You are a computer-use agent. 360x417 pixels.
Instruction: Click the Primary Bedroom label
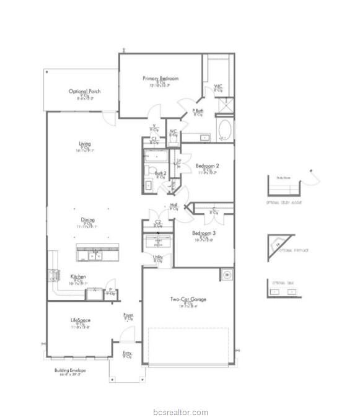[x=160, y=79]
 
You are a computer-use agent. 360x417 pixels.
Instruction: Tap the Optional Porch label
[x=85, y=91]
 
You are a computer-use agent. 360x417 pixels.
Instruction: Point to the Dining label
[x=87, y=219]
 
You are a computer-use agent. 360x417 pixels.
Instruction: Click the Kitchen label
[x=78, y=276]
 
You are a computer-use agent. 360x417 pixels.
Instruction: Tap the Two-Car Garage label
[x=188, y=300]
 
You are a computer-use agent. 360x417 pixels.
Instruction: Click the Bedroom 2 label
[x=208, y=166]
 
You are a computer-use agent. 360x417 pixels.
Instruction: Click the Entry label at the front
[x=127, y=353]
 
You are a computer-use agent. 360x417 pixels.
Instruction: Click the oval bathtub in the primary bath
[x=225, y=131]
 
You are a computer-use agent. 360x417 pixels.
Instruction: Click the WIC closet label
[x=218, y=86]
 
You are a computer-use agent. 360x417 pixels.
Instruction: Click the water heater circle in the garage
[x=226, y=274]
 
